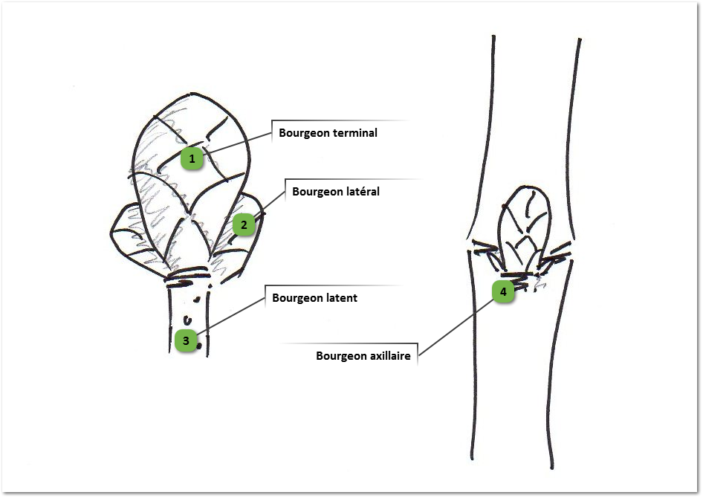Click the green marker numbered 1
click(192, 158)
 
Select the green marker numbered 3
click(187, 341)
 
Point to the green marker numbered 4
click(503, 292)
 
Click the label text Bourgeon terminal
click(328, 134)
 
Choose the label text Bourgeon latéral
click(336, 192)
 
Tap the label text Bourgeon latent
click(314, 299)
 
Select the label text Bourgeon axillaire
click(363, 356)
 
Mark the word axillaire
click(390, 356)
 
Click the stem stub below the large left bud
click(189, 316)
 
